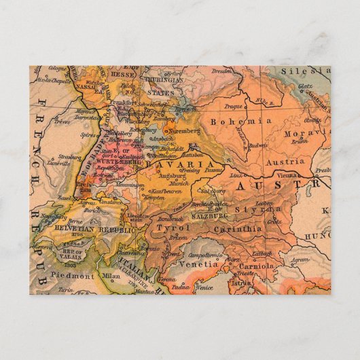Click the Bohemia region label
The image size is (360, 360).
click(x=232, y=122)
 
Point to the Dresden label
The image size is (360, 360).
click(x=221, y=71)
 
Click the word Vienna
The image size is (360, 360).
click(x=288, y=175)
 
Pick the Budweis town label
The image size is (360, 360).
click(x=257, y=145)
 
